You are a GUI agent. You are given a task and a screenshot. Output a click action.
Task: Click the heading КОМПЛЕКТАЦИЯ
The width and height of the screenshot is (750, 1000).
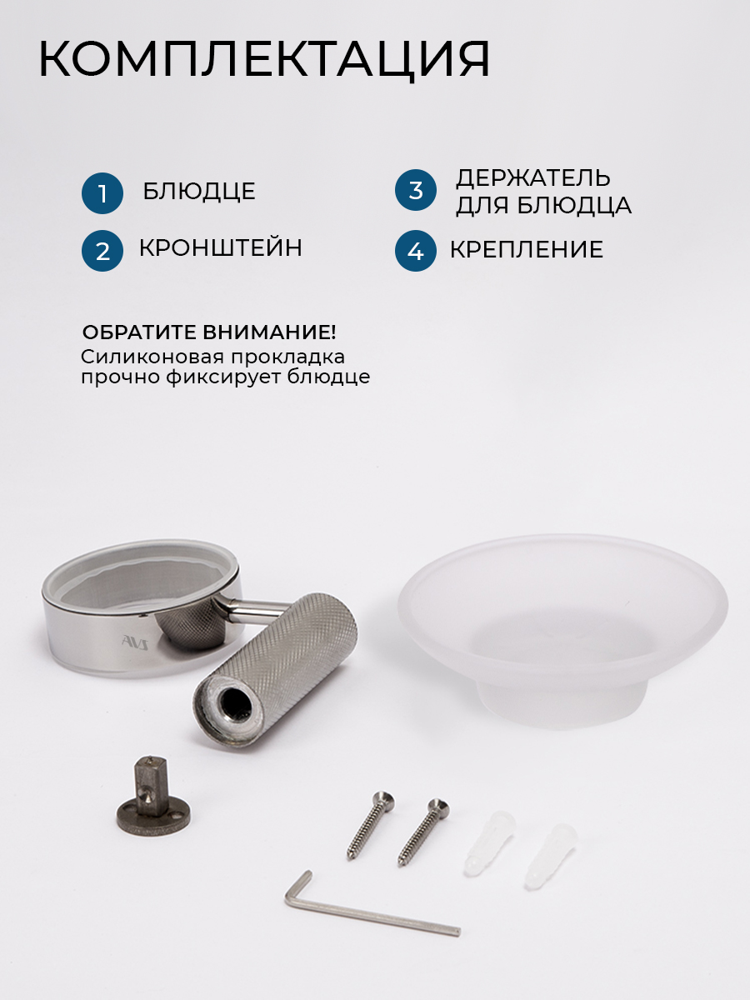264,60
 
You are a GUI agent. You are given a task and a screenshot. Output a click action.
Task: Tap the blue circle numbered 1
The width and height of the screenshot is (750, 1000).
102,193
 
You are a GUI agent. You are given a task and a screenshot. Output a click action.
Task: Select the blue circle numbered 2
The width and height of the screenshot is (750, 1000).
102,251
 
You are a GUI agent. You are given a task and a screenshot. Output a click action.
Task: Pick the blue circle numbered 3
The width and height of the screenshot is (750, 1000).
415,190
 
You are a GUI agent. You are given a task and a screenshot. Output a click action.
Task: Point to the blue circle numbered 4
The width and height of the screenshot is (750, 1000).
415,251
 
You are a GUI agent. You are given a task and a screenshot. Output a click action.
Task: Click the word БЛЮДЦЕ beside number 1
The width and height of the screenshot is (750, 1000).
199,192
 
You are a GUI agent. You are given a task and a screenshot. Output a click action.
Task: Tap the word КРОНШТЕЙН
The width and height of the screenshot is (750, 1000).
220,247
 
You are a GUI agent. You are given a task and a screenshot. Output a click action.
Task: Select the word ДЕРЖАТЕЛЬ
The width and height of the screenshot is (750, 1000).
532,178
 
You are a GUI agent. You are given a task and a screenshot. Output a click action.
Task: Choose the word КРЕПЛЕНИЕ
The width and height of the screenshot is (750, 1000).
527,250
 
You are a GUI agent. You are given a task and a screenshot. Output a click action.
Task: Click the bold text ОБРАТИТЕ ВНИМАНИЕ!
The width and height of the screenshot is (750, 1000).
209,332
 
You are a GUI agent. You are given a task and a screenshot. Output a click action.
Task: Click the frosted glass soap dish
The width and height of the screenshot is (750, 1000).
562,632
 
